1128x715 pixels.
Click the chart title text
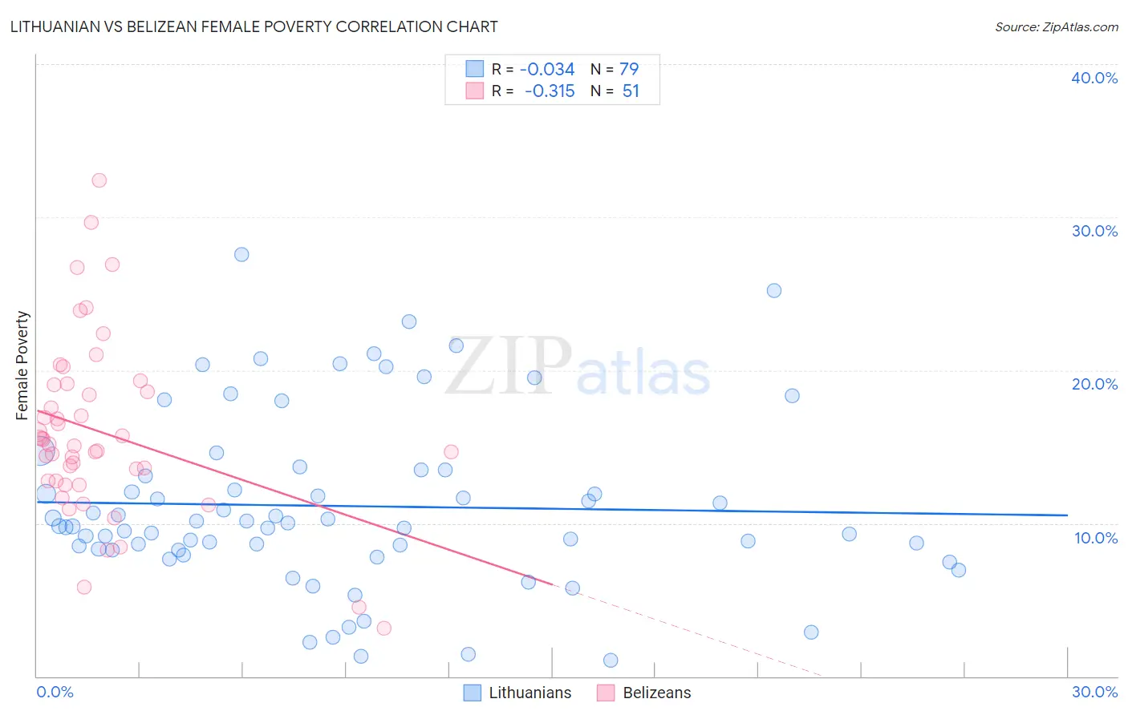tap(254, 26)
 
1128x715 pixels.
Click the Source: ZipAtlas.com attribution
tap(1056, 26)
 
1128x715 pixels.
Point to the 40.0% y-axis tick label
tap(1094, 78)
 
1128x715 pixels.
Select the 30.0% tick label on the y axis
tap(1094, 231)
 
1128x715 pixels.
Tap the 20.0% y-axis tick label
tap(1094, 384)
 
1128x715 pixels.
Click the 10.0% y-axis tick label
tap(1095, 538)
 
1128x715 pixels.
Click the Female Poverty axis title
tap(22, 366)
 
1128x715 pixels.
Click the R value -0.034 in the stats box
tap(547, 70)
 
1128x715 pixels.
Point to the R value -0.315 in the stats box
tap(550, 91)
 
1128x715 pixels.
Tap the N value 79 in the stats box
tap(629, 70)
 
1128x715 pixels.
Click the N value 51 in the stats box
tap(631, 91)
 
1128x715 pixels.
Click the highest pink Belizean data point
tap(99, 180)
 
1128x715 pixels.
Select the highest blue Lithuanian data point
tap(241, 255)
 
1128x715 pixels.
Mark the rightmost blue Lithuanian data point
tap(958, 570)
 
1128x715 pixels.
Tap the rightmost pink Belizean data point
tap(451, 452)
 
